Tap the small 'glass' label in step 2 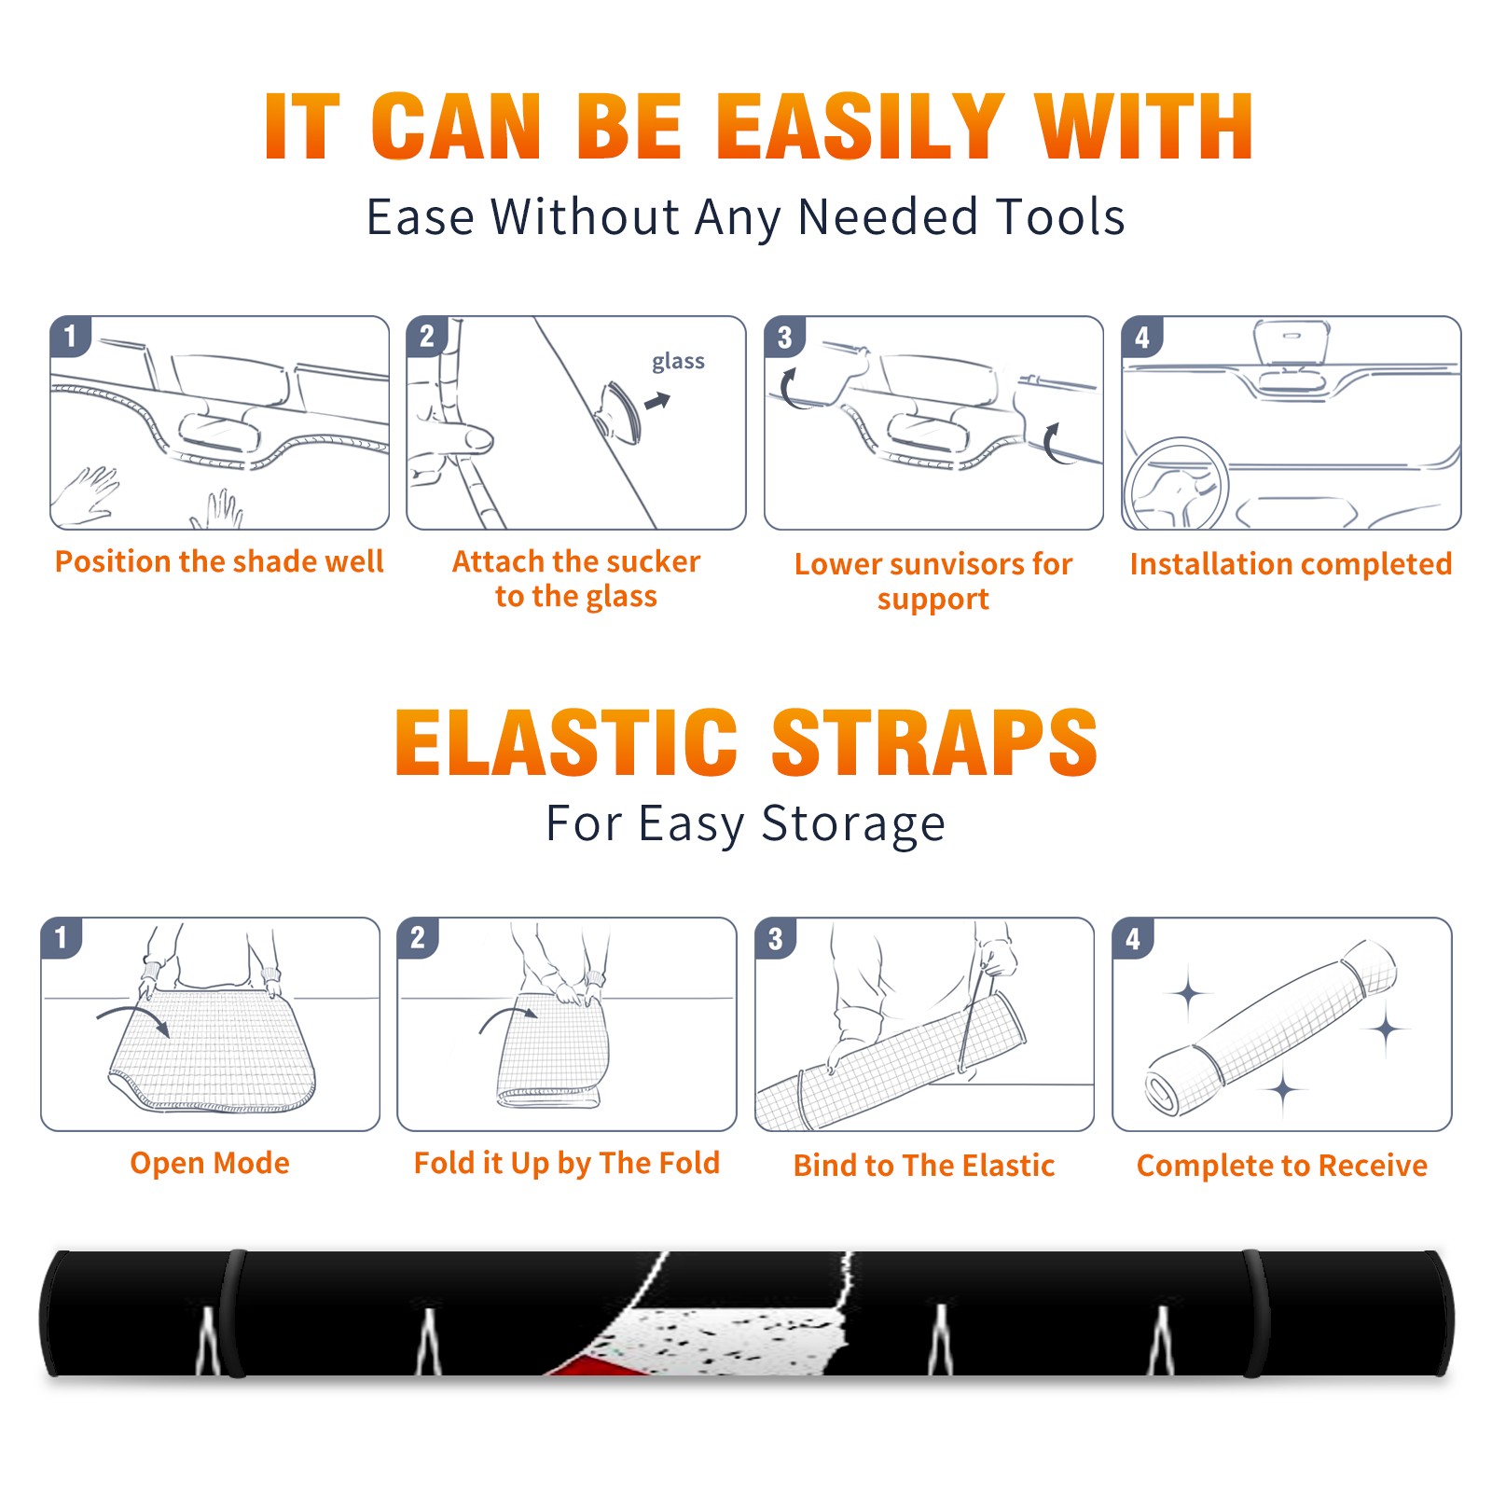(x=678, y=362)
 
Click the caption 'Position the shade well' (x=219, y=561)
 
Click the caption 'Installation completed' (x=1291, y=564)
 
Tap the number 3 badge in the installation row (x=784, y=337)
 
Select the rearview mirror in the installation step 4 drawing (x=1292, y=343)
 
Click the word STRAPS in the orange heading (x=934, y=742)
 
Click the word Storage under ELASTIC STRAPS (x=853, y=824)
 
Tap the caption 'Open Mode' (x=210, y=1163)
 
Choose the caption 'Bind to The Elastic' (x=924, y=1166)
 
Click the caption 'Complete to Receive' (x=1282, y=1166)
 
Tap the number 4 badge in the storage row (x=1133, y=938)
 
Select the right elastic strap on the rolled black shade (x=1257, y=1313)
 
